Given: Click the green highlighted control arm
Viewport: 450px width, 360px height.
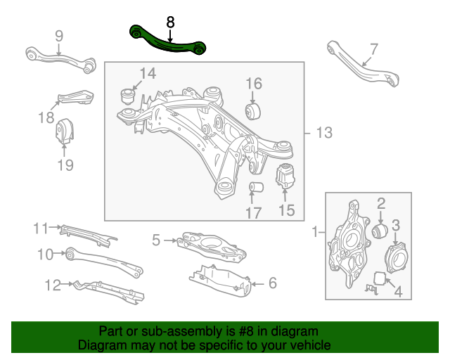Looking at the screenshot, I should [x=167, y=42].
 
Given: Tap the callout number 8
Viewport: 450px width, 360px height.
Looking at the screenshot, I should [x=170, y=22].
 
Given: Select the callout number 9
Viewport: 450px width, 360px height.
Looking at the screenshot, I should [x=58, y=35].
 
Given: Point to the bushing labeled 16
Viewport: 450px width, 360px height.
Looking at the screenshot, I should [x=253, y=110].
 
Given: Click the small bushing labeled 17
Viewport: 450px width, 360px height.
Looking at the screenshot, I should [x=257, y=188].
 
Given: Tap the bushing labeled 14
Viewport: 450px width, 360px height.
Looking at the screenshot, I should [x=129, y=94].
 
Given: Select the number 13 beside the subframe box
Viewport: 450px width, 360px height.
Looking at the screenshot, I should [x=323, y=133].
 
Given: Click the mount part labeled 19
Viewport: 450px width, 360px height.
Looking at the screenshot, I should [x=65, y=132].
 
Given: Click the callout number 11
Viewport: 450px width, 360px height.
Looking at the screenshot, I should [x=41, y=228].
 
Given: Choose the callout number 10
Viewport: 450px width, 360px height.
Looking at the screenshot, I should [x=46, y=254].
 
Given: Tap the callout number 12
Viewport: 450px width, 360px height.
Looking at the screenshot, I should [x=53, y=285].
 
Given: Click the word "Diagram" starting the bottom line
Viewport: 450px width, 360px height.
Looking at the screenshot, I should [x=102, y=346].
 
